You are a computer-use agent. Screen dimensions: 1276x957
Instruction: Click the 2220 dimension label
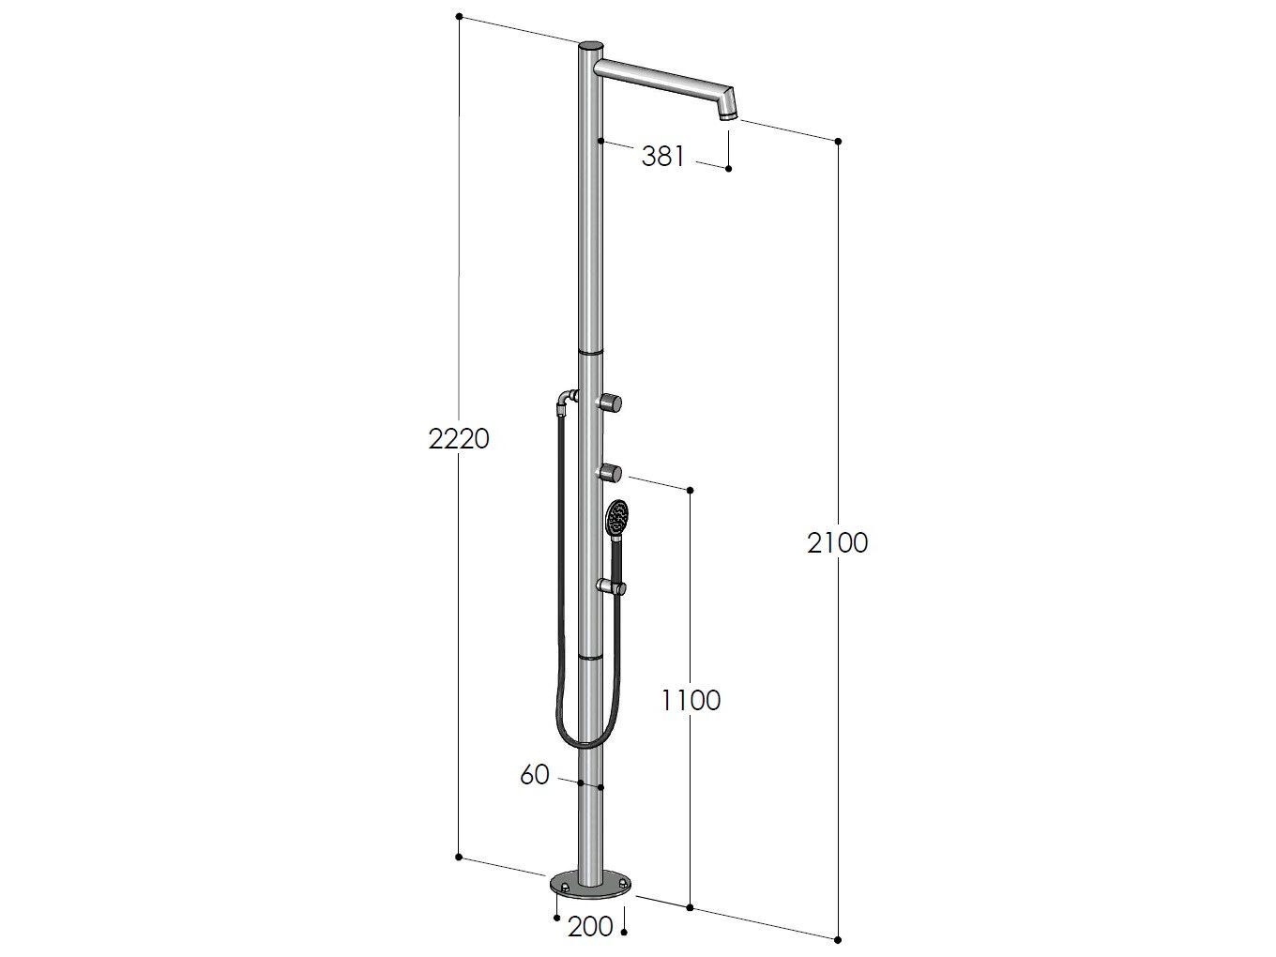coord(459,439)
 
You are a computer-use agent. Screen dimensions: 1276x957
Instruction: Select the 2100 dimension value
coord(837,542)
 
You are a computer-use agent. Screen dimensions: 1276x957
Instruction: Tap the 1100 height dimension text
coord(691,701)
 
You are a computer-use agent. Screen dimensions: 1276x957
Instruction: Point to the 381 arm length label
coord(662,157)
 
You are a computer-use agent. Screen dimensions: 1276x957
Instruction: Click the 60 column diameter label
coord(534,775)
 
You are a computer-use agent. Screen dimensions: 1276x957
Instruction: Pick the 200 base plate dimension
coord(590,927)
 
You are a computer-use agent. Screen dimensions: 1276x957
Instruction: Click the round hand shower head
coord(616,517)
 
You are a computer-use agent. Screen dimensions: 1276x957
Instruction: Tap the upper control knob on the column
coord(609,403)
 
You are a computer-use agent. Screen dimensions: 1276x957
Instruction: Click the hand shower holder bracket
coord(612,587)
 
